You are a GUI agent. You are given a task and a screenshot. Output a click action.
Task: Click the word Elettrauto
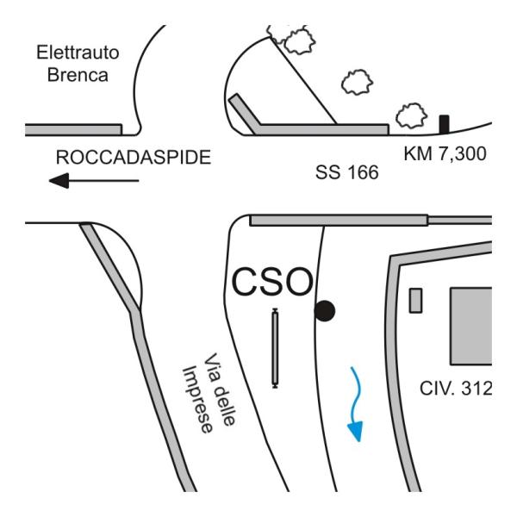pos(78,53)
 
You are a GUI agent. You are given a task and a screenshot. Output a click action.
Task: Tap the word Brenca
pos(78,75)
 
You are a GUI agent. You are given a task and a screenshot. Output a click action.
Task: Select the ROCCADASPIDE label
pos(134,158)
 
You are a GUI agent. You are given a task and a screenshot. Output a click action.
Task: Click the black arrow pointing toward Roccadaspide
pos(94,181)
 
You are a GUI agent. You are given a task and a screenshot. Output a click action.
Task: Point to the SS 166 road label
pos(347,172)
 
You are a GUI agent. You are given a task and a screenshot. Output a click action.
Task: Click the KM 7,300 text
pos(445,153)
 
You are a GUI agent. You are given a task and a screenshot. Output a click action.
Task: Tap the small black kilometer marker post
pos(444,124)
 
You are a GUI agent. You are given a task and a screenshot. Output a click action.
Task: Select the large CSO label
pos(272,282)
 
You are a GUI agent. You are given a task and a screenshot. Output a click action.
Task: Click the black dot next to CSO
pos(325,311)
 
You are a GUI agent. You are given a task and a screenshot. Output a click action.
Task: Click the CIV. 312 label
pos(456,389)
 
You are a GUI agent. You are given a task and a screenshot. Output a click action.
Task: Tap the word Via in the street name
pos(211,366)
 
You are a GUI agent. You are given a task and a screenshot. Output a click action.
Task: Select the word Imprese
pos(197,400)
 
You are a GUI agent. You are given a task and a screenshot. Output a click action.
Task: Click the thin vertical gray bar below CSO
pos(275,348)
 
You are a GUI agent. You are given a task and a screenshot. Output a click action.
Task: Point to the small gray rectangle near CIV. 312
pos(416,301)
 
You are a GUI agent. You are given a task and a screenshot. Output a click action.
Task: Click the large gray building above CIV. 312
pos(471,326)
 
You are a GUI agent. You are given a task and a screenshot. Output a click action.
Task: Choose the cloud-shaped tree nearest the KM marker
pos(412,115)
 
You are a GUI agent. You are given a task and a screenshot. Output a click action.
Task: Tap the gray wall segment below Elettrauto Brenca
pos(73,129)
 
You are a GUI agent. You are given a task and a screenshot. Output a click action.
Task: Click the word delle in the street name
pos(225,405)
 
